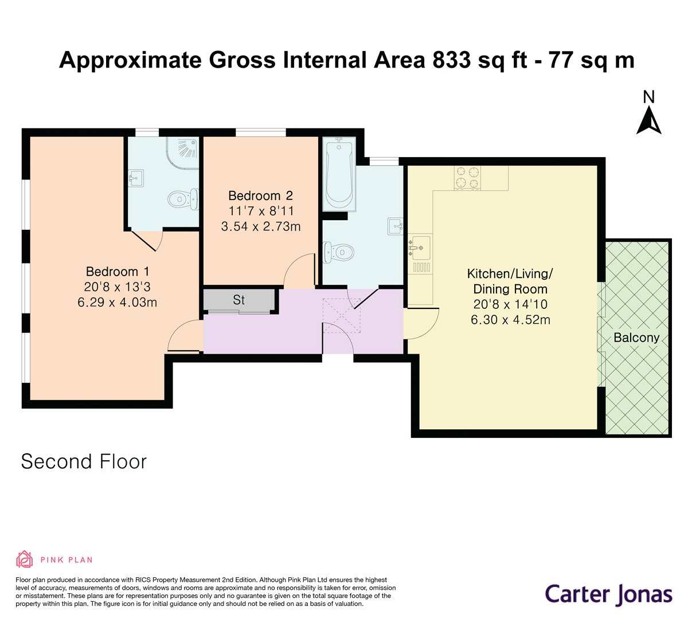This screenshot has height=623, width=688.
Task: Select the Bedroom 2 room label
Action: tap(261, 195)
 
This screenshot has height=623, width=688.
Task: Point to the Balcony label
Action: tap(636, 338)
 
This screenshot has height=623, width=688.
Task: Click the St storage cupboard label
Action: tap(239, 300)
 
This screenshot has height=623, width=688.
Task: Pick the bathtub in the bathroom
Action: tap(339, 174)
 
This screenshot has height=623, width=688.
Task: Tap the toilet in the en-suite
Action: tap(183, 199)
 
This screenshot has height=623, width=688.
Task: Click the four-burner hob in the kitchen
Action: tap(467, 177)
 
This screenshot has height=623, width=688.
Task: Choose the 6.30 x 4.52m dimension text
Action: tap(510, 320)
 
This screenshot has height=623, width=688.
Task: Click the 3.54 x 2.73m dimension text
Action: tap(261, 226)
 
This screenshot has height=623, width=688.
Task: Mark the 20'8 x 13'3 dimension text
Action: tap(117, 287)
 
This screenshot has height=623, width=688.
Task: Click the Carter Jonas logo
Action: tap(608, 594)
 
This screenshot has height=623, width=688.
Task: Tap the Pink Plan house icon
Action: tap(25, 559)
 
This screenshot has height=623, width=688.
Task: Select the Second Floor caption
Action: tap(84, 461)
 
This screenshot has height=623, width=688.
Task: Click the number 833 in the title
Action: tap(449, 60)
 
